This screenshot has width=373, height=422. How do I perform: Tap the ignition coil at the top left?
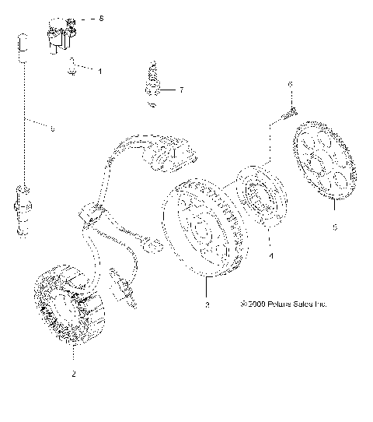coord(62,33)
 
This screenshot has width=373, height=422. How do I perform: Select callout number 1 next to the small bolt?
coord(99,71)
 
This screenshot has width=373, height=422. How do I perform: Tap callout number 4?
coord(270,255)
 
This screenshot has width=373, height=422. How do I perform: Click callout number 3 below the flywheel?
coord(207,306)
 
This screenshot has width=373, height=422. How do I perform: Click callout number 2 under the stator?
coord(74,375)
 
